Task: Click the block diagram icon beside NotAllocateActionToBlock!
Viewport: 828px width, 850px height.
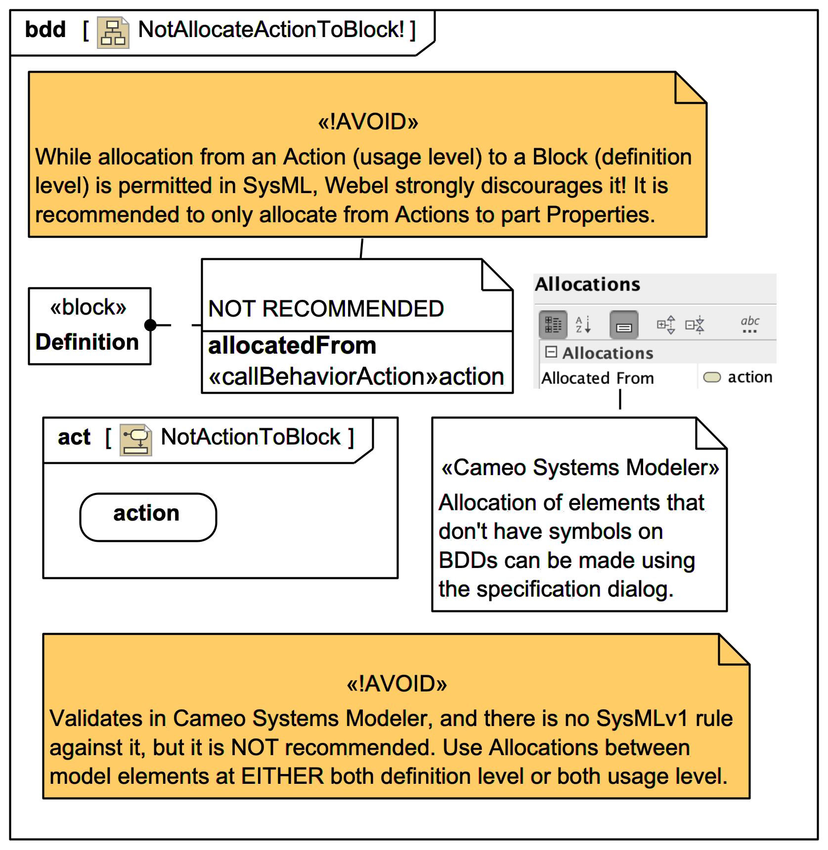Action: (113, 33)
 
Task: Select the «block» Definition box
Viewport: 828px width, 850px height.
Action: (89, 326)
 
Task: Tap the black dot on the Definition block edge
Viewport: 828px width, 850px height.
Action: (150, 325)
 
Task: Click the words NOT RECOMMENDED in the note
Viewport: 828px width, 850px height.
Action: (326, 309)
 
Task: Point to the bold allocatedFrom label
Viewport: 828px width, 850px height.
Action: (292, 346)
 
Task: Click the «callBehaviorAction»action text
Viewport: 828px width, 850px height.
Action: (356, 377)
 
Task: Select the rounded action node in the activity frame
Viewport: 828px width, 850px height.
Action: (148, 517)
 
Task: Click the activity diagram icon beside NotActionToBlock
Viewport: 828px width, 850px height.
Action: (135, 440)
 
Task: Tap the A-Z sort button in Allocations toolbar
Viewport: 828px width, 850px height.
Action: (583, 324)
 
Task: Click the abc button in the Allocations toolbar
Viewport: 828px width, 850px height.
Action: (749, 324)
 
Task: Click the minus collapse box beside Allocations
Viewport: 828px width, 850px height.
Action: (551, 352)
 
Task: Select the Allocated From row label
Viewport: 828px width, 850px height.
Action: (597, 378)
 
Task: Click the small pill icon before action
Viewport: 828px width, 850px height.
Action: (712, 377)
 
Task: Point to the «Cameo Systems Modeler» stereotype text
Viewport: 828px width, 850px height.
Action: (580, 468)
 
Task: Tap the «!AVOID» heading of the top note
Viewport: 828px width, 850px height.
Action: (368, 122)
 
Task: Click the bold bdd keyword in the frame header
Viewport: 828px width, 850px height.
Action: (45, 30)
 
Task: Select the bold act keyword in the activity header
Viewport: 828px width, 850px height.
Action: (74, 438)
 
